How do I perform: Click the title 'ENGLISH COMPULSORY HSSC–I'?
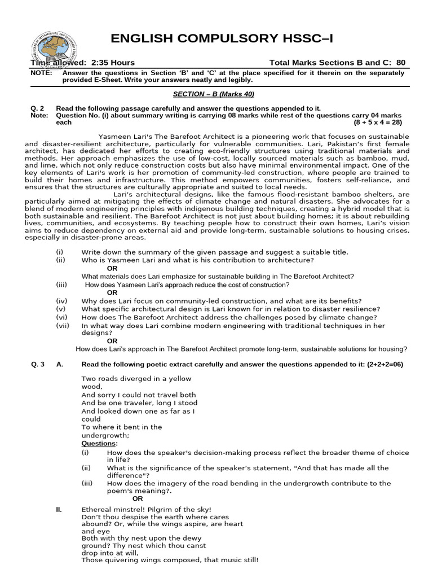(x=222, y=38)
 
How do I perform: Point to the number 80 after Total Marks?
(x=400, y=63)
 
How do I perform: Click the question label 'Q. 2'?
(x=38, y=108)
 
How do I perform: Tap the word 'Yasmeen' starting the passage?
(x=116, y=137)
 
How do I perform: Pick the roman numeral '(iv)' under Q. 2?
(x=61, y=301)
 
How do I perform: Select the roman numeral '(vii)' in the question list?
(x=63, y=326)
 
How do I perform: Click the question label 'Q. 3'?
(x=38, y=364)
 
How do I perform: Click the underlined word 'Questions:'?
(x=99, y=444)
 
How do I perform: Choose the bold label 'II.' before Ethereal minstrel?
(x=59, y=509)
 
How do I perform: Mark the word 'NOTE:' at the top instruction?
(x=42, y=73)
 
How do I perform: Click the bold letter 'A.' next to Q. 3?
(x=60, y=364)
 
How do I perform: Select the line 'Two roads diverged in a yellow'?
(x=136, y=379)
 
